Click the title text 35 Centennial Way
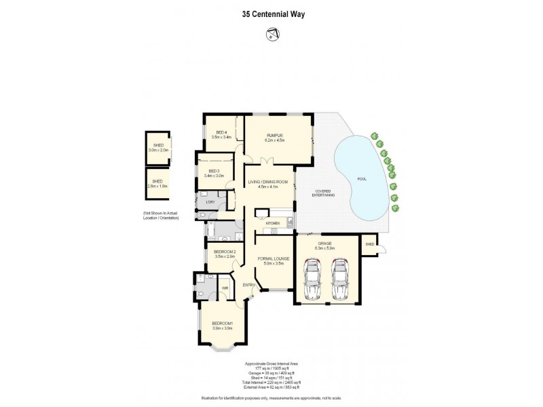pyautogui.click(x=271, y=13)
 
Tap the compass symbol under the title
pyautogui.click(x=271, y=33)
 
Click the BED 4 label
pyautogui.click(x=221, y=132)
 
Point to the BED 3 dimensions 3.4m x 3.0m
pyautogui.click(x=214, y=176)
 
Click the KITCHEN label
pyautogui.click(x=272, y=222)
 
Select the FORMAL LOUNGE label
pyautogui.click(x=274, y=258)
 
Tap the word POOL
pyautogui.click(x=362, y=179)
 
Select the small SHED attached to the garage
pyautogui.click(x=370, y=244)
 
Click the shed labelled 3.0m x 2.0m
pyautogui.click(x=158, y=147)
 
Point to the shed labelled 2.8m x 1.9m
pyautogui.click(x=157, y=183)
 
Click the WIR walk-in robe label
pyautogui.click(x=223, y=288)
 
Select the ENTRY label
pyautogui.click(x=248, y=285)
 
